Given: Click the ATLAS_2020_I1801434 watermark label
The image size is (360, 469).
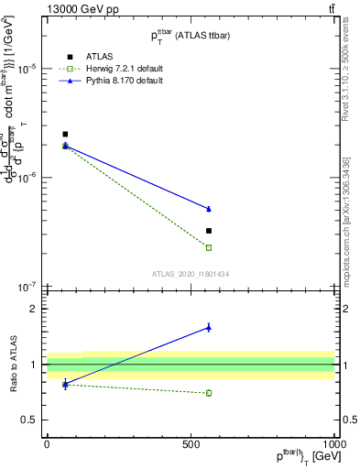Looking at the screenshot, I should click(x=191, y=274).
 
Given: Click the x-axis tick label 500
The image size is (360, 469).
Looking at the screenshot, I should click(x=191, y=444).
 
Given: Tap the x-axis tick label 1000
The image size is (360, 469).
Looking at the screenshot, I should click(x=333, y=444).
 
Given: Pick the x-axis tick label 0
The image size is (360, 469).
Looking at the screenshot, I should click(x=47, y=444).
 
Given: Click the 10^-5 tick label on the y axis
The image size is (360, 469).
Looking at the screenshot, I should click(x=27, y=69).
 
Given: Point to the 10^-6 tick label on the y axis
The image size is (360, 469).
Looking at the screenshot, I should click(x=27, y=178).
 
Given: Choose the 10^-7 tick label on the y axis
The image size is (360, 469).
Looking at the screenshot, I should click(x=27, y=287).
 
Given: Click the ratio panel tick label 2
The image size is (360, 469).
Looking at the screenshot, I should click(x=32, y=310).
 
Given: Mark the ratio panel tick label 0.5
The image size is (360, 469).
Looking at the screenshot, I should click(x=29, y=420).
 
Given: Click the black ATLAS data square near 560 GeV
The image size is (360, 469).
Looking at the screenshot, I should click(x=209, y=231).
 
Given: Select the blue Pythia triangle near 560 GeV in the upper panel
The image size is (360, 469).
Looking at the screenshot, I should click(x=209, y=209).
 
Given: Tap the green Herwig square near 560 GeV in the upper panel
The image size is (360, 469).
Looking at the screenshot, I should click(x=209, y=247).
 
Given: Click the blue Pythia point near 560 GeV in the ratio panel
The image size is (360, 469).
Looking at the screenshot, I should click(x=209, y=327).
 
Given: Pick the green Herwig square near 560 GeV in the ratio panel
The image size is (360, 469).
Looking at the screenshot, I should click(x=209, y=393).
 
